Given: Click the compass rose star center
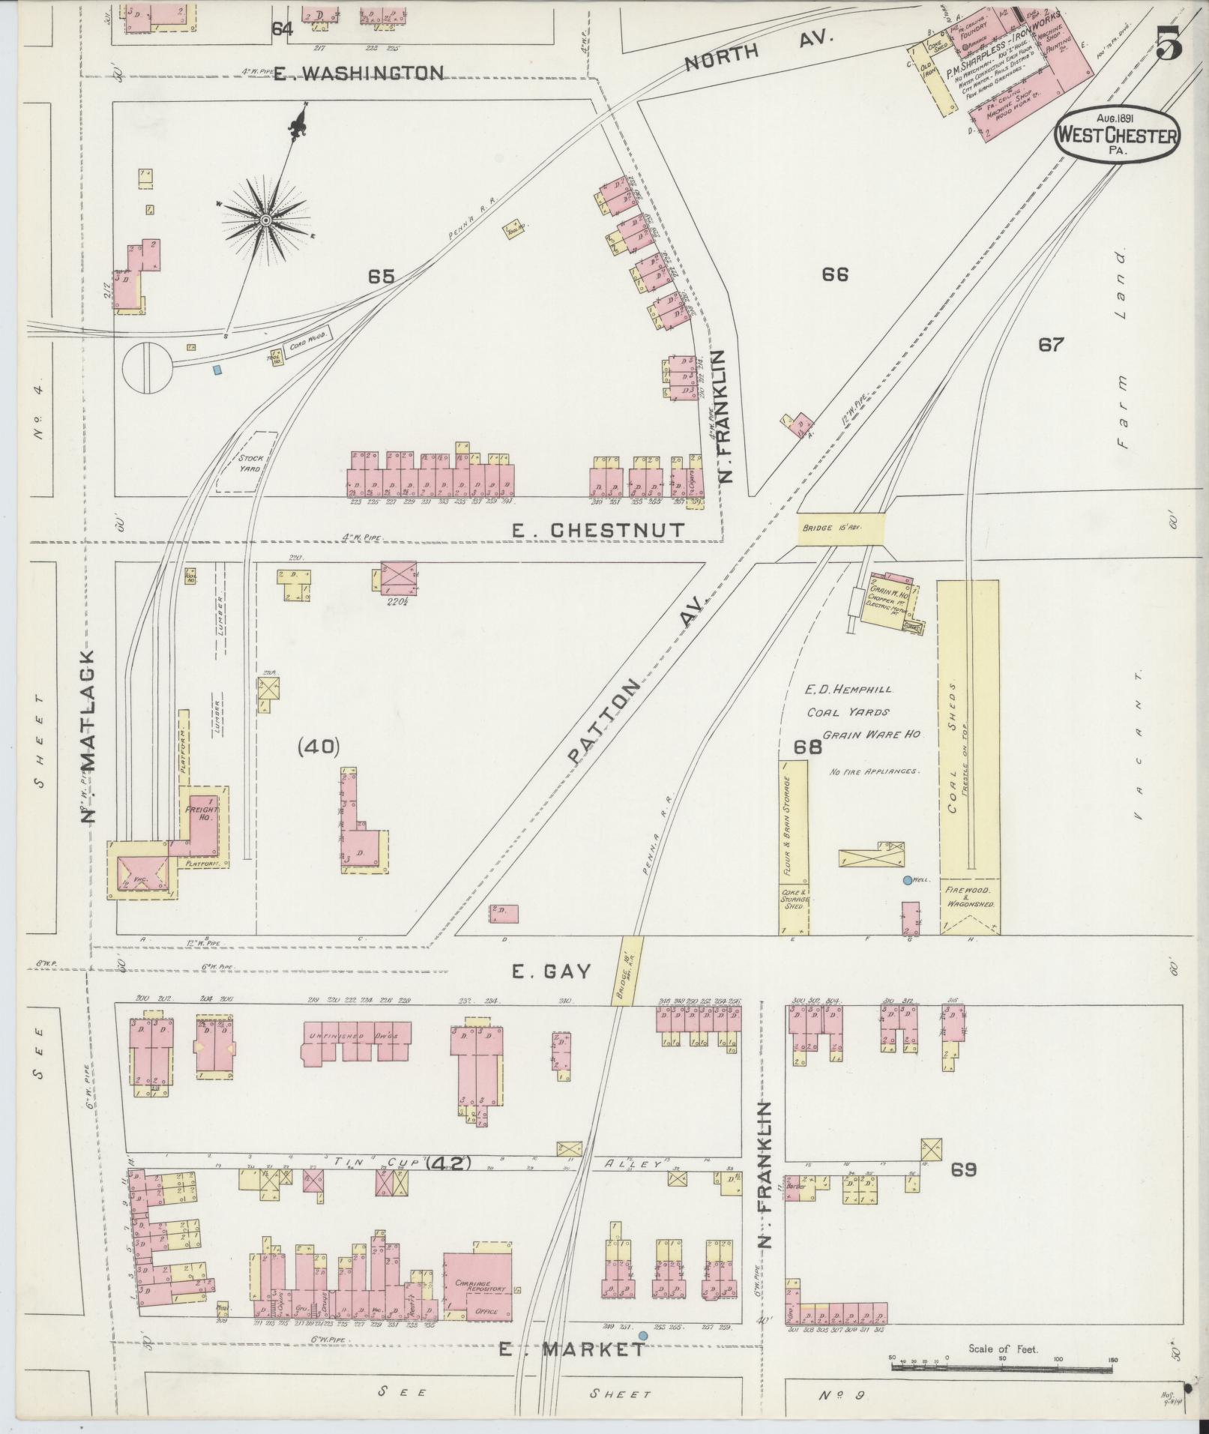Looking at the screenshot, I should (265, 220).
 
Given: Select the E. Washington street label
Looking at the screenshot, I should (358, 73).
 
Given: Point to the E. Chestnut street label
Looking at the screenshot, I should (598, 530).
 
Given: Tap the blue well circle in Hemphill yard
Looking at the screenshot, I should (908, 880).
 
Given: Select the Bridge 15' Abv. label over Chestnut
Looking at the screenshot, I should (840, 527).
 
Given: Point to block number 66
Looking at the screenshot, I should (834, 274).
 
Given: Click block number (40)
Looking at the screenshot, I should (319, 746).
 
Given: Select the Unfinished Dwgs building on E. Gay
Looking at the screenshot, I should (356, 1040).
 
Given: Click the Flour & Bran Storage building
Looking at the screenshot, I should (794, 822).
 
